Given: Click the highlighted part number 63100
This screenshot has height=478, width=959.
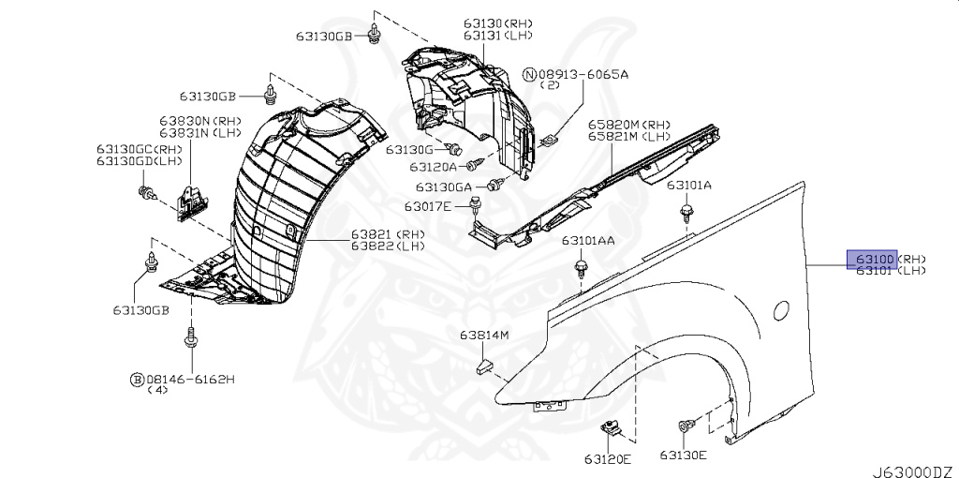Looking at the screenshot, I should click(872, 258).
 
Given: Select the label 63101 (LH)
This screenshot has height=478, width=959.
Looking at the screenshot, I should click(890, 270).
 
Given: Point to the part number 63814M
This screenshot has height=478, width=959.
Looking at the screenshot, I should click(483, 335).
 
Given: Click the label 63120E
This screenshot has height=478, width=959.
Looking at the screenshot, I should click(609, 458).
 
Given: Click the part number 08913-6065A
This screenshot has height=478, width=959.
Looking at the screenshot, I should click(582, 73).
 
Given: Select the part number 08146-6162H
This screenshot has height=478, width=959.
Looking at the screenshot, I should click(189, 380).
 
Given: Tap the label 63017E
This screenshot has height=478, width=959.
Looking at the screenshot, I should click(428, 205).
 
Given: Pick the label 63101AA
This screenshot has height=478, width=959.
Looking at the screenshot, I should click(588, 241).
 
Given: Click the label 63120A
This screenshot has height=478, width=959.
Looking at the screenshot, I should click(433, 167).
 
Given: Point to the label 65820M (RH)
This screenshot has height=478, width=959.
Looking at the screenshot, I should click(629, 124).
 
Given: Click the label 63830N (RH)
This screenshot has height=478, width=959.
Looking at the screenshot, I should click(199, 121).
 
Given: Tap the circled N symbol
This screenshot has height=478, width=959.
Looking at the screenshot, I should click(529, 73).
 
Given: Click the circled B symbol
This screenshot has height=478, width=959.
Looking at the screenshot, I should click(137, 380).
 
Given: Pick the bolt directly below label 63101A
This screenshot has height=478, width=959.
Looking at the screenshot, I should click(688, 215).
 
